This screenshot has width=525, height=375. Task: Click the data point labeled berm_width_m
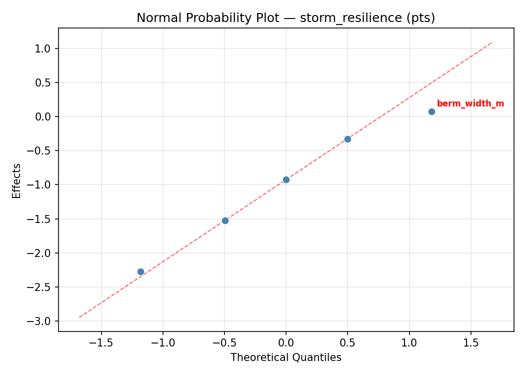coord(431,111)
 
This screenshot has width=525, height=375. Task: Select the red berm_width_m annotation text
coord(470,104)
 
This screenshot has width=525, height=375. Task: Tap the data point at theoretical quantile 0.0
coord(286,179)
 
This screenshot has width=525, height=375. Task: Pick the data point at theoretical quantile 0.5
coord(347,139)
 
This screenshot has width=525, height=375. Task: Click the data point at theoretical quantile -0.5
coord(225,220)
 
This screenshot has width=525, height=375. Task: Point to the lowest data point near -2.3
coord(140,271)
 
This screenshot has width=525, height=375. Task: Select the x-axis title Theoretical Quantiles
coord(285,357)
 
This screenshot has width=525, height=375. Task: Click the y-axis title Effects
coord(17,180)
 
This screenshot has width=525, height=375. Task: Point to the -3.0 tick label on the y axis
coord(42,321)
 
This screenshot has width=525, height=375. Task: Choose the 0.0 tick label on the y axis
coord(44,116)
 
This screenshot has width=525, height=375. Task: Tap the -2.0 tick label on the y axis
coord(42,253)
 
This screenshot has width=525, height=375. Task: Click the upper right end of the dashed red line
coord(493,41)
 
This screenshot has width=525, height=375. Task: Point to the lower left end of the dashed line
coord(79,317)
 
